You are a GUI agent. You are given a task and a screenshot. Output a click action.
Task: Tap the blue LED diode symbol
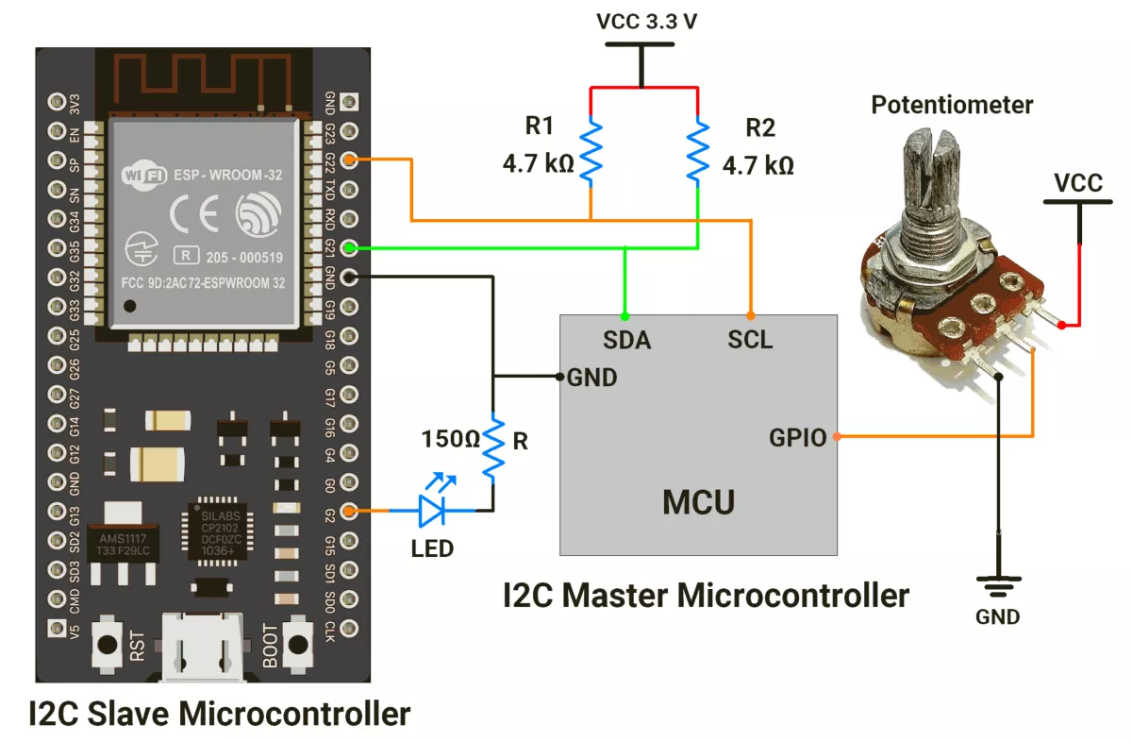[x=434, y=511]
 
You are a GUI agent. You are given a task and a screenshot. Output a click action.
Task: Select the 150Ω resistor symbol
[x=492, y=449]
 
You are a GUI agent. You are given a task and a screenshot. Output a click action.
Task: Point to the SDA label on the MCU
[x=626, y=340]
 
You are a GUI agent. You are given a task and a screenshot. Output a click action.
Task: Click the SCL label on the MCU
[x=750, y=340]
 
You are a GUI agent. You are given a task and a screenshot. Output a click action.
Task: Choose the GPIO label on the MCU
[x=798, y=437]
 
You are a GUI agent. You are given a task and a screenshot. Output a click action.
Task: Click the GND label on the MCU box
[x=592, y=378]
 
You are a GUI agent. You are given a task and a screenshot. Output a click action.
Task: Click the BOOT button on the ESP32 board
[x=299, y=645]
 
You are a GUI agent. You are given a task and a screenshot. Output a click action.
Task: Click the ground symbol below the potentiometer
[x=998, y=585]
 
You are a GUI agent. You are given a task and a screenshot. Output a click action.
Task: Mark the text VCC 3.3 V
[x=647, y=22]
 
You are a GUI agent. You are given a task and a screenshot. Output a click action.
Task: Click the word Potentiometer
[x=952, y=105]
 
